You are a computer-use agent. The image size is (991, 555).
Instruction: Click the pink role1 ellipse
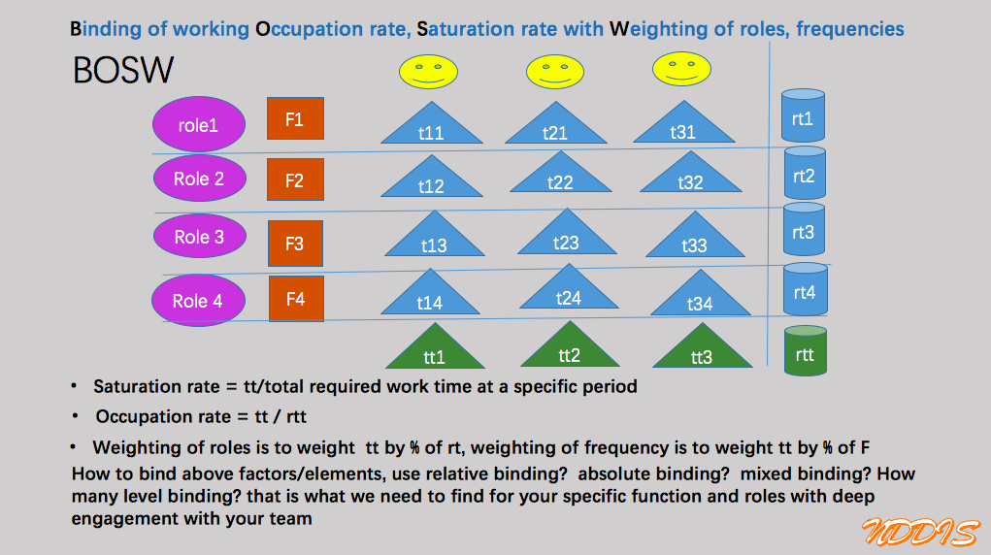pyautogui.click(x=198, y=124)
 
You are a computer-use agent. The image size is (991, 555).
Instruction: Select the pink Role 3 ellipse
pyautogui.click(x=200, y=236)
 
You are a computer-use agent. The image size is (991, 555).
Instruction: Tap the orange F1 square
pyautogui.click(x=295, y=118)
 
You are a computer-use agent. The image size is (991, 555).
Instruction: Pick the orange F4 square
pyautogui.click(x=296, y=298)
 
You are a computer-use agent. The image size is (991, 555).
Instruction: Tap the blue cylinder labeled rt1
pyautogui.click(x=804, y=115)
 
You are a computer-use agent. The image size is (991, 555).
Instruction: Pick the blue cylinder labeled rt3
pyautogui.click(x=804, y=229)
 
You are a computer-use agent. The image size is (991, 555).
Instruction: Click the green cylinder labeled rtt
pyautogui.click(x=806, y=351)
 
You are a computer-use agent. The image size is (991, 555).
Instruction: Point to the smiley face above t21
pyautogui.click(x=555, y=72)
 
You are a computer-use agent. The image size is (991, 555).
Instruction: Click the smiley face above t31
pyautogui.click(x=681, y=69)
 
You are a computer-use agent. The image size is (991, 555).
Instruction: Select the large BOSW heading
pyautogui.click(x=123, y=70)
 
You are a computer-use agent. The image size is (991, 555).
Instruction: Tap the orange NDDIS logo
pyautogui.click(x=920, y=532)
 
